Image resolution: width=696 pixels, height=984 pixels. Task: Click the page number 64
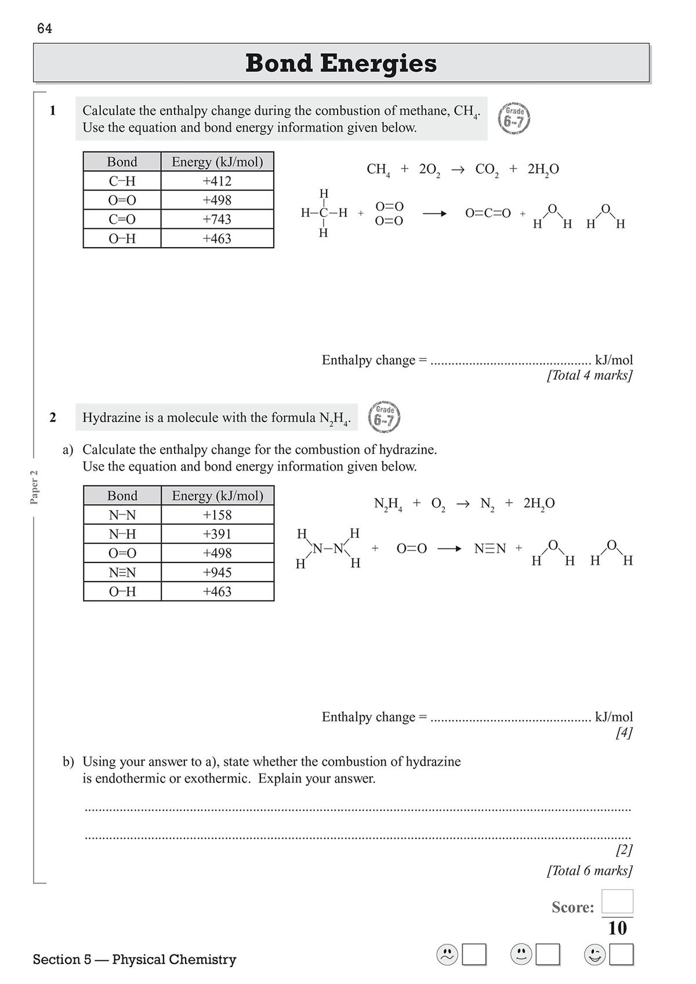click(45, 28)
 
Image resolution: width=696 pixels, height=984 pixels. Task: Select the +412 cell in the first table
click(217, 181)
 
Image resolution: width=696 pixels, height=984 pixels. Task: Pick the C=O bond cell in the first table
click(122, 219)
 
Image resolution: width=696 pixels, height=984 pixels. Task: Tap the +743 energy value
click(217, 219)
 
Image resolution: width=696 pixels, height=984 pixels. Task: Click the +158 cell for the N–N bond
click(217, 515)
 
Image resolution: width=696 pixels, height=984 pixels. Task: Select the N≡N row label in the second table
click(122, 572)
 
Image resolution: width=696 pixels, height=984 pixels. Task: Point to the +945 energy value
click(217, 572)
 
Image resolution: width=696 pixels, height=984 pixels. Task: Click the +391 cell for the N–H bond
click(217, 534)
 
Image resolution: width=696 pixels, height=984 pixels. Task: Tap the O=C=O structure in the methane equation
click(488, 213)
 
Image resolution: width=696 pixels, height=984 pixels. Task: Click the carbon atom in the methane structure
click(324, 213)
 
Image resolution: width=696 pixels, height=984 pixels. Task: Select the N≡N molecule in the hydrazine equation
click(490, 549)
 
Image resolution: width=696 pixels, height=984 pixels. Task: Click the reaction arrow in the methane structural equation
click(434, 214)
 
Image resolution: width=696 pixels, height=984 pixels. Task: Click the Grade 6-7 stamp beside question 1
click(514, 119)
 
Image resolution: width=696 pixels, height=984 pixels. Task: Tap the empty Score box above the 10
click(617, 902)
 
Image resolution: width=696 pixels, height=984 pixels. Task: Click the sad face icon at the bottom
click(447, 954)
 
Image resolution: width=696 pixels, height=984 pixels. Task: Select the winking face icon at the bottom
click(594, 954)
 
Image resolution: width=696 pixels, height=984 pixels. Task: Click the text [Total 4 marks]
click(589, 375)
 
